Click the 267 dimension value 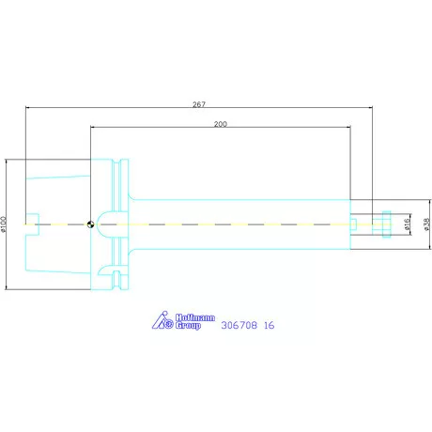(x=199, y=104)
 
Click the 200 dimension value (x=221, y=124)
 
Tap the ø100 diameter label (x=4, y=224)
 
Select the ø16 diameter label (x=407, y=224)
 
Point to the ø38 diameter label (x=426, y=224)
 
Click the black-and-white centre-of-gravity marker (x=90, y=224)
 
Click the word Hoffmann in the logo (x=195, y=317)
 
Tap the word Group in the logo (x=188, y=325)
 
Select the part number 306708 (x=239, y=325)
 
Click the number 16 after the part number (x=269, y=325)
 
